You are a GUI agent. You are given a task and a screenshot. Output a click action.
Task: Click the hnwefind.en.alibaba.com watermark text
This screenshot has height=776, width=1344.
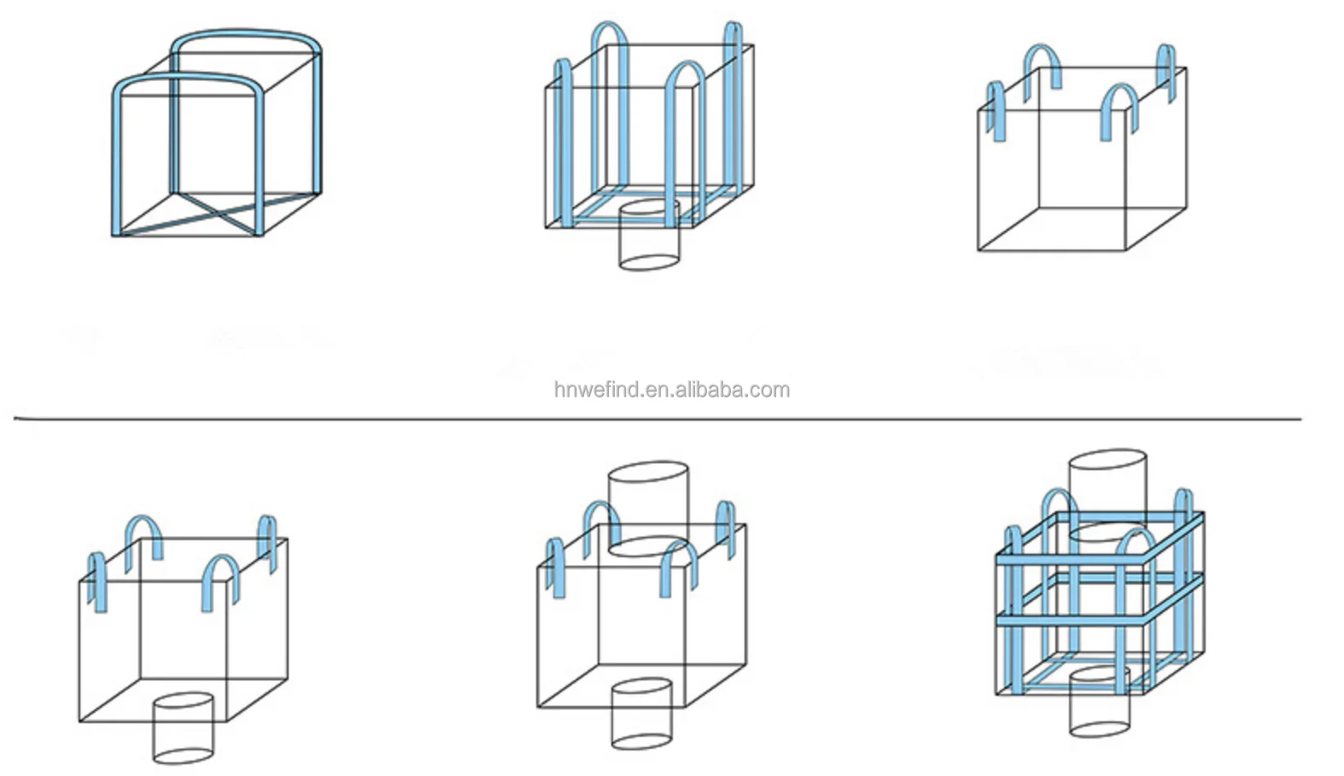tap(671, 390)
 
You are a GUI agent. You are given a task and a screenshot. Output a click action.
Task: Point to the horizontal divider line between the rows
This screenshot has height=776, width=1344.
tap(657, 419)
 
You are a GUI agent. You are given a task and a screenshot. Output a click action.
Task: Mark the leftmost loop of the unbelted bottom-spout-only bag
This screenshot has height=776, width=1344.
tap(97, 581)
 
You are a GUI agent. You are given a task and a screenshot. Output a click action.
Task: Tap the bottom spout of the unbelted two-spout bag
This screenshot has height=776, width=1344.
tap(642, 714)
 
